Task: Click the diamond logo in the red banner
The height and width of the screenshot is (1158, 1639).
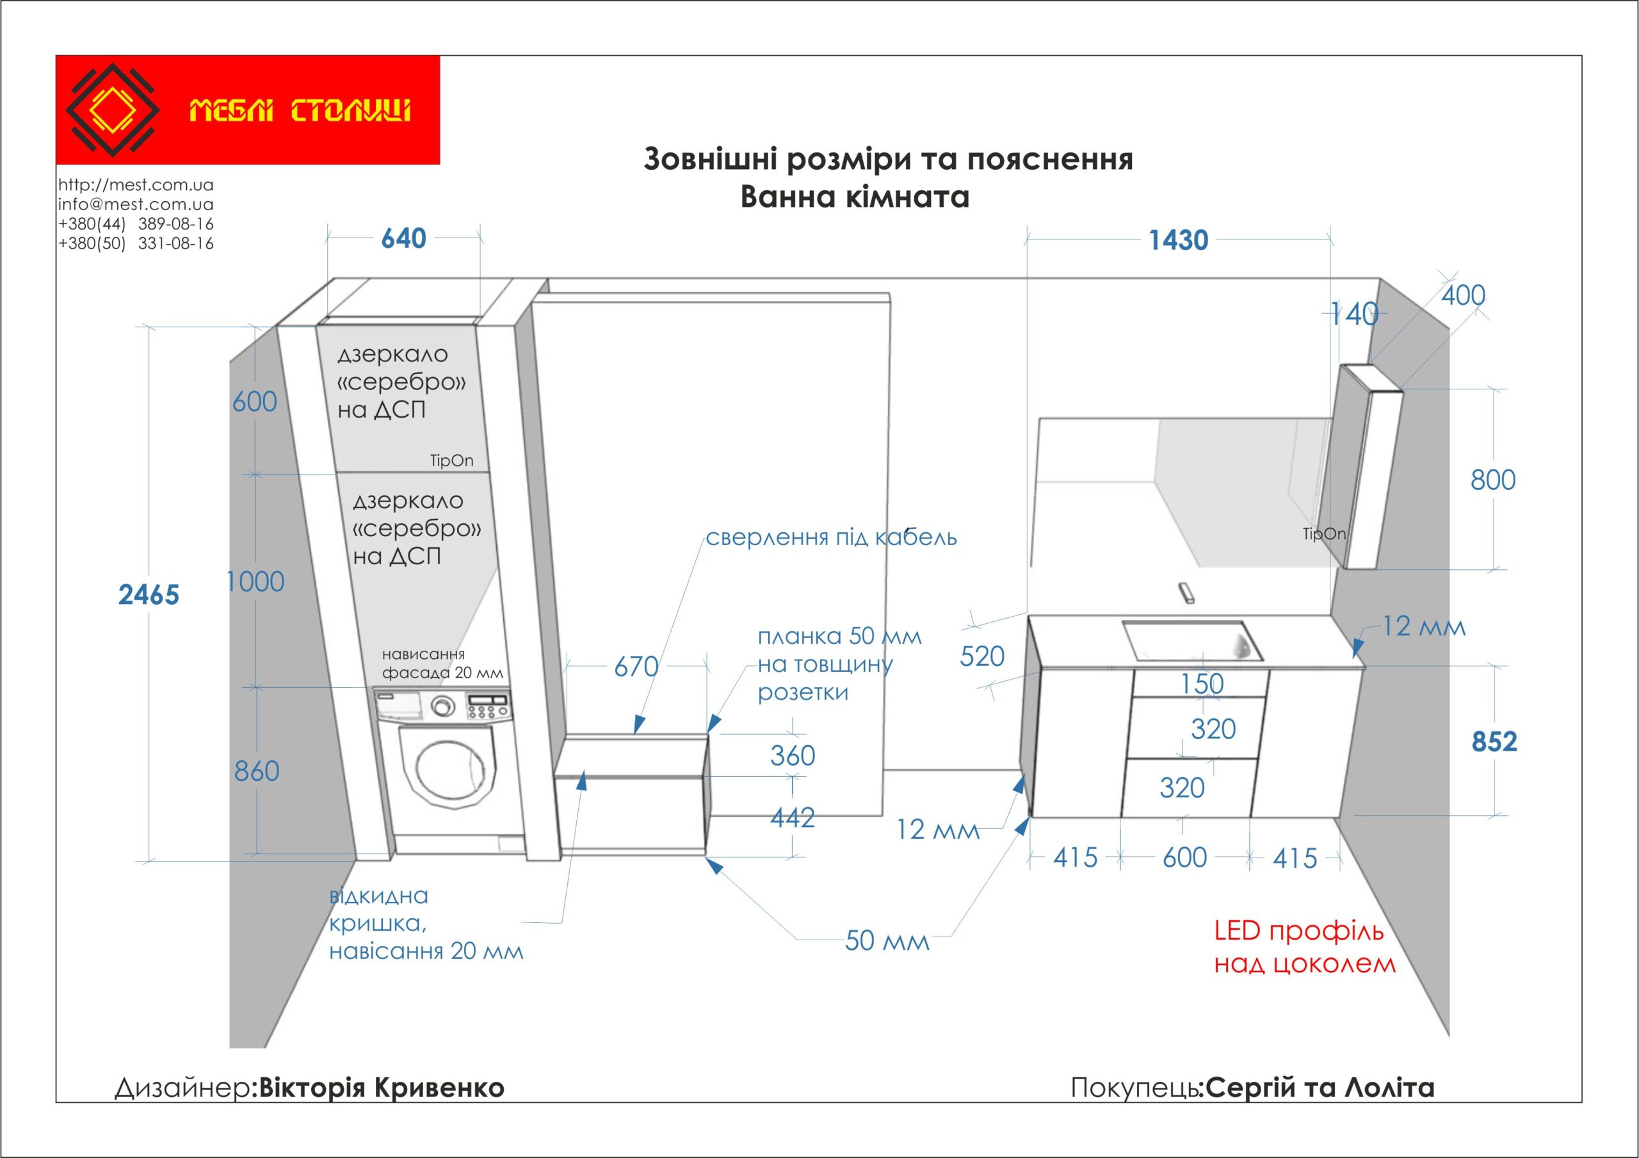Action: [x=112, y=110]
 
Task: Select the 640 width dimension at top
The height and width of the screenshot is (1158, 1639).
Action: [x=403, y=238]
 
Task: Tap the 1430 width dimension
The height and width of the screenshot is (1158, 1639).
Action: [x=1178, y=241]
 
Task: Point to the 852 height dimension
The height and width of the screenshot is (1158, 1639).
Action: [x=1494, y=742]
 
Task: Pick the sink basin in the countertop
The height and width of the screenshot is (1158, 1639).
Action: [x=1191, y=640]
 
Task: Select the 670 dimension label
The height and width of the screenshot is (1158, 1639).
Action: [x=636, y=667]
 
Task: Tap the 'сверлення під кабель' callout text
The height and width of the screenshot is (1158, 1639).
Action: [x=831, y=537]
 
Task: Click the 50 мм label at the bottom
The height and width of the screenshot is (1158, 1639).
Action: [x=887, y=941]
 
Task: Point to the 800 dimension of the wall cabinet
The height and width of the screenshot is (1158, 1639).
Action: [x=1492, y=480]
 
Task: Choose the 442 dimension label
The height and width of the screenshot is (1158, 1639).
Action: [x=793, y=817]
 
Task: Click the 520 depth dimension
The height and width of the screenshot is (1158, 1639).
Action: [x=981, y=656]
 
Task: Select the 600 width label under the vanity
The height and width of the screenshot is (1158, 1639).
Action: [x=1184, y=858]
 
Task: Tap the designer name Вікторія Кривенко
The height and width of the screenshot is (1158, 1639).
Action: [x=380, y=1088]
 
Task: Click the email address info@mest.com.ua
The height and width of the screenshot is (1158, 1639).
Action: [x=136, y=204]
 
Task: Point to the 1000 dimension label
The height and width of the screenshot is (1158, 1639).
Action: [x=255, y=582]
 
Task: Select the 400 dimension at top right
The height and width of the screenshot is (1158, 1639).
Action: [x=1463, y=295]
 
